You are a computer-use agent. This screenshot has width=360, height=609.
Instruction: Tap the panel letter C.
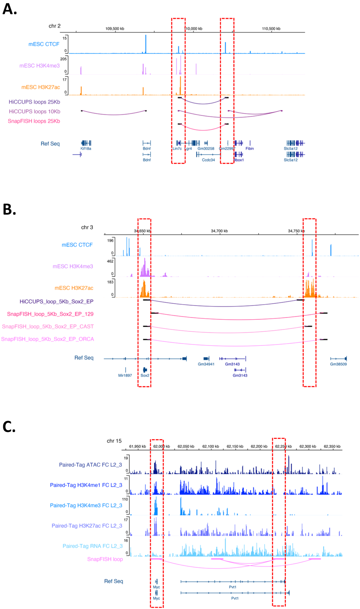coord(9,427)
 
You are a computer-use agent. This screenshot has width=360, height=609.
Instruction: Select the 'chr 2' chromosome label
coord(55,26)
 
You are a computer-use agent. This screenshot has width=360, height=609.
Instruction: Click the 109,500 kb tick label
coord(115,29)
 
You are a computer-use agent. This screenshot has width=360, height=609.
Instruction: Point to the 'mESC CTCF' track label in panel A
coord(44,44)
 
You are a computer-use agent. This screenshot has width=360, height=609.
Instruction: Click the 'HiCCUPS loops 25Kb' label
coord(34,102)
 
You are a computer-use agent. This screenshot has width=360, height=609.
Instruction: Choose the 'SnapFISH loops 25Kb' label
coord(34,121)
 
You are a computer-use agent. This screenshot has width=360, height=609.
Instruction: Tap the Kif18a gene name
coord(86,148)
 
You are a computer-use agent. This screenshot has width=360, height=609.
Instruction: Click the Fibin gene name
coord(250,148)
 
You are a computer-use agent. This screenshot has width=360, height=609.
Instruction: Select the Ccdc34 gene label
coord(208,160)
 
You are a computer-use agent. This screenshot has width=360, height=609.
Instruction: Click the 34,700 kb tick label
coord(219,231)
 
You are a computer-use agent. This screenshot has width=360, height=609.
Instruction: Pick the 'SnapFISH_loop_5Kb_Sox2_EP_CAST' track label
coord(48,327)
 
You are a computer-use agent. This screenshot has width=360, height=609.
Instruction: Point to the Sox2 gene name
coord(145,375)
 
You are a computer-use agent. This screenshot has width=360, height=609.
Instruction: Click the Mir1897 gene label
coord(125,375)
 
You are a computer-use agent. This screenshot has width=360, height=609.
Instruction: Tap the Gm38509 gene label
coord(338,364)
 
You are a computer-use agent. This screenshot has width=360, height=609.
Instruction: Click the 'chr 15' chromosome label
coord(114,441)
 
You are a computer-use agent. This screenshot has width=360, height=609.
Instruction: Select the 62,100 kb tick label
coord(211,446)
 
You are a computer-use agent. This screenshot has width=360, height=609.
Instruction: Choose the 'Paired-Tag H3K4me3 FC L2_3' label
coord(86,505)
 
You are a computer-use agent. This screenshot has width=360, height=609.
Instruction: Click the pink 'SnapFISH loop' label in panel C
coord(105,559)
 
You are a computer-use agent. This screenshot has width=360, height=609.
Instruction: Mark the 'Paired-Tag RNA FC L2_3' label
coord(93,546)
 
